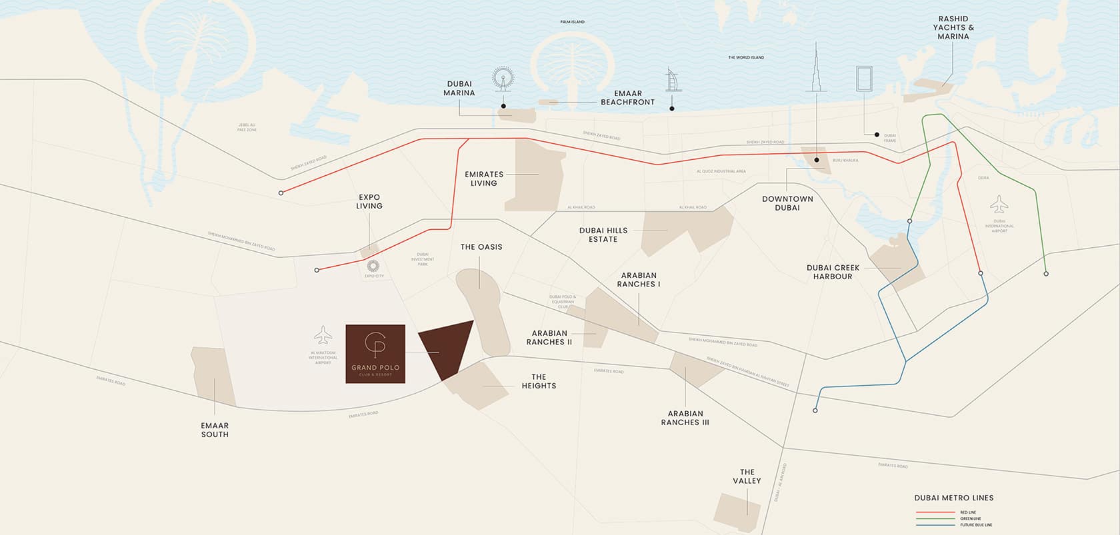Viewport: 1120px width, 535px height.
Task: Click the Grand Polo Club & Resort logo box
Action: [x=375, y=354]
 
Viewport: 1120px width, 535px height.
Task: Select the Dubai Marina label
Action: [x=459, y=89]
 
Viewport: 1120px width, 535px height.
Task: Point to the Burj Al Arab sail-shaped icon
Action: [x=671, y=81]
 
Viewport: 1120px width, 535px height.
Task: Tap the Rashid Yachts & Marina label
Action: [x=953, y=28]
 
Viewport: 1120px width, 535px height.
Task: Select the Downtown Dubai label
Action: [x=787, y=203]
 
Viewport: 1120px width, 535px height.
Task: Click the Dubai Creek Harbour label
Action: [x=833, y=272]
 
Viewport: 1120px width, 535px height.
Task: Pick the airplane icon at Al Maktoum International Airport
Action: [x=323, y=334]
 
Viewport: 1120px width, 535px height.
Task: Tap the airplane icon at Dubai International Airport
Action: [x=999, y=204]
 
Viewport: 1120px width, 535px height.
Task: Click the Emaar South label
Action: [x=215, y=430]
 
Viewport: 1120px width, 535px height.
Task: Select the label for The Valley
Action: [x=747, y=476]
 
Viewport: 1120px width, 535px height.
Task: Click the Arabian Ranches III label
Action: [x=685, y=418]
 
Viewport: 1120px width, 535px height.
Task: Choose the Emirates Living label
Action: [x=484, y=179]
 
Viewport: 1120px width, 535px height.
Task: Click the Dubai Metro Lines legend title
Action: [x=954, y=498]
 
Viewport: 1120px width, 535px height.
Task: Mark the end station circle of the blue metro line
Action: [x=815, y=410]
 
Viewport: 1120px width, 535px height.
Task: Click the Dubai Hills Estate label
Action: [x=603, y=235]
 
